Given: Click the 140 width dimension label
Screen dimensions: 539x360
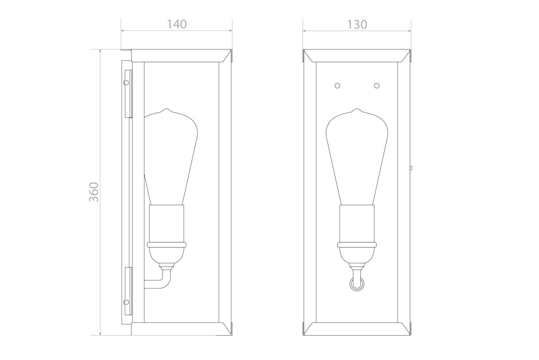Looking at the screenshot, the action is click(177, 24).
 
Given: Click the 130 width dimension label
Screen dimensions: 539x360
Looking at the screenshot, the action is click(357, 24).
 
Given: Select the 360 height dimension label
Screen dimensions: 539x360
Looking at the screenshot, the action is click(94, 192).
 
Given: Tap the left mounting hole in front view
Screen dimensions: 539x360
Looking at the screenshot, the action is click(337, 86).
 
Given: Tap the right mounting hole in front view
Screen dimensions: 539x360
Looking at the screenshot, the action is click(377, 86).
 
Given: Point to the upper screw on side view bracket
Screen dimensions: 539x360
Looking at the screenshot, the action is click(126, 83).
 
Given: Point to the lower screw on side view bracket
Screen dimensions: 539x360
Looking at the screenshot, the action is click(126, 302).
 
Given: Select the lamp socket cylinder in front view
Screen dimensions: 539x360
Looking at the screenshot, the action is click(357, 223).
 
